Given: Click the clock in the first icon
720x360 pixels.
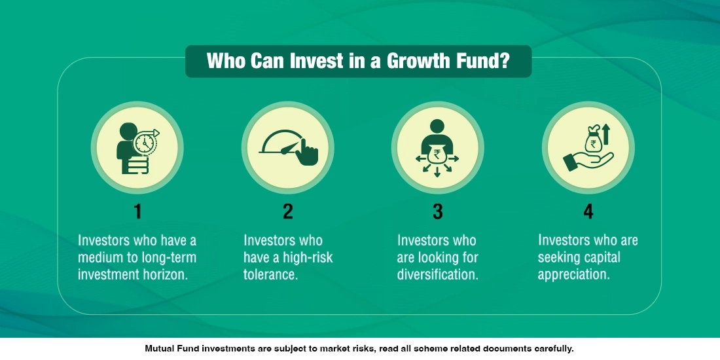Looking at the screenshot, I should click(x=145, y=142).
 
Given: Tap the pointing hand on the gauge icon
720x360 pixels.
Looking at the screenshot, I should click(x=306, y=153).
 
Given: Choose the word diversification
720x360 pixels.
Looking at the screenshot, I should click(x=437, y=274).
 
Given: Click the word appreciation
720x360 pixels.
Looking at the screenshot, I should click(x=573, y=274).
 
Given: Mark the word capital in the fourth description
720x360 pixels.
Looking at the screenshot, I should click(x=598, y=257).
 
